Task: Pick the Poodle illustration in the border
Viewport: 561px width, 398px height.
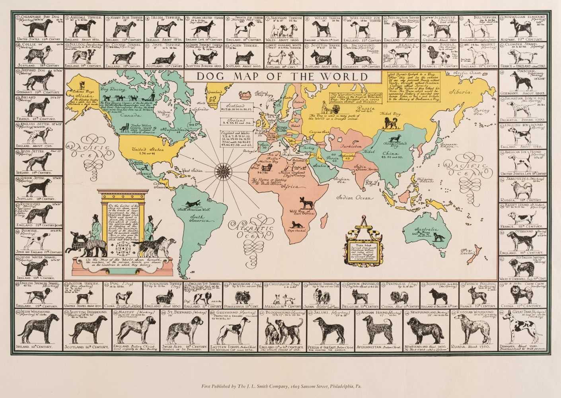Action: (440, 55)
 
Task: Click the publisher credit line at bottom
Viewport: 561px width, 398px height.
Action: (280, 386)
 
